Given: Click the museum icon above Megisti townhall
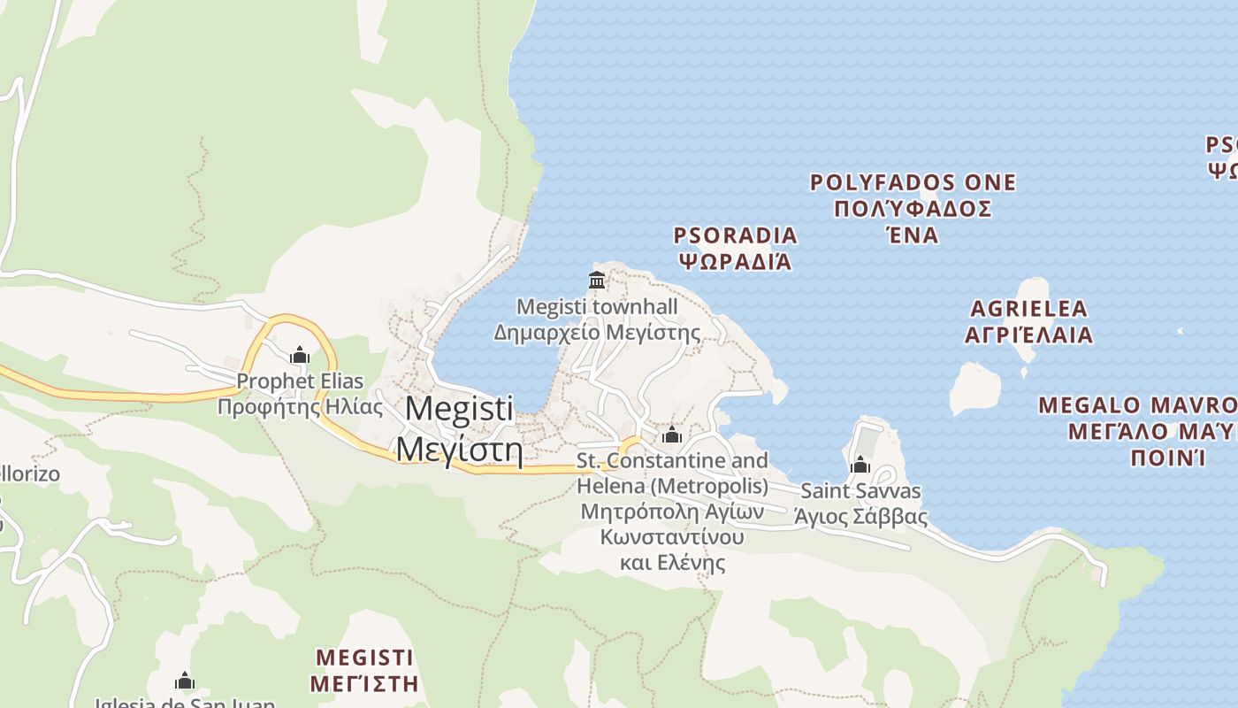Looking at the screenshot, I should click(597, 281).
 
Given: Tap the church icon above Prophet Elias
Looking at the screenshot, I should click(300, 356).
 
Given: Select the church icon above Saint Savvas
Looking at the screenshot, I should click(860, 465).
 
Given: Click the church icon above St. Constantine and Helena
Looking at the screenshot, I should click(672, 435).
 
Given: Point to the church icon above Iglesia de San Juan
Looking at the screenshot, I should click(185, 681).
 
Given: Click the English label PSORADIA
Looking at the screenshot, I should click(735, 235).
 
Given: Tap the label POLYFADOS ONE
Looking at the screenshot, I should click(913, 183).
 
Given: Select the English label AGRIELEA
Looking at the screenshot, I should click(1028, 309).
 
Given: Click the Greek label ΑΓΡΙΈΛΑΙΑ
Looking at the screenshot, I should click(1028, 335).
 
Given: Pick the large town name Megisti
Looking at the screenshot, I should click(459, 409).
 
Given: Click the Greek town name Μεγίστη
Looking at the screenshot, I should click(459, 449).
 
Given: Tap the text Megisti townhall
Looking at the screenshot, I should click(597, 307).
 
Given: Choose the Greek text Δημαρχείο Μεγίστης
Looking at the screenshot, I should click(597, 334).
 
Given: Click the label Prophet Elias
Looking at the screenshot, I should click(300, 381).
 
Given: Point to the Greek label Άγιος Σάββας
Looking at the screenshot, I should click(860, 517).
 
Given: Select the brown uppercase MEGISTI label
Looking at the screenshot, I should click(364, 658).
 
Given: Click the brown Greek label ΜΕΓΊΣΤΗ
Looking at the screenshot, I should click(364, 683).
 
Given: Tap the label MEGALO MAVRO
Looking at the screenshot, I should click(1136, 405).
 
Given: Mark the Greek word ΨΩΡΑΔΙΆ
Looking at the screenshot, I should click(735, 262).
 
